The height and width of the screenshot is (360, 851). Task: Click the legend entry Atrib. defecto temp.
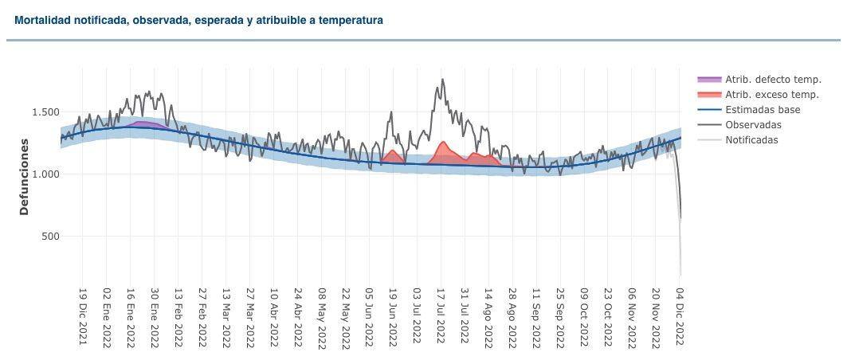759,80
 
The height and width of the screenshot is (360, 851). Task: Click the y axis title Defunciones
25,178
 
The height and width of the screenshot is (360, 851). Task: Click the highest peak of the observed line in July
442,80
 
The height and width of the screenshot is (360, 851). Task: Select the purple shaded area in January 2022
144,124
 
